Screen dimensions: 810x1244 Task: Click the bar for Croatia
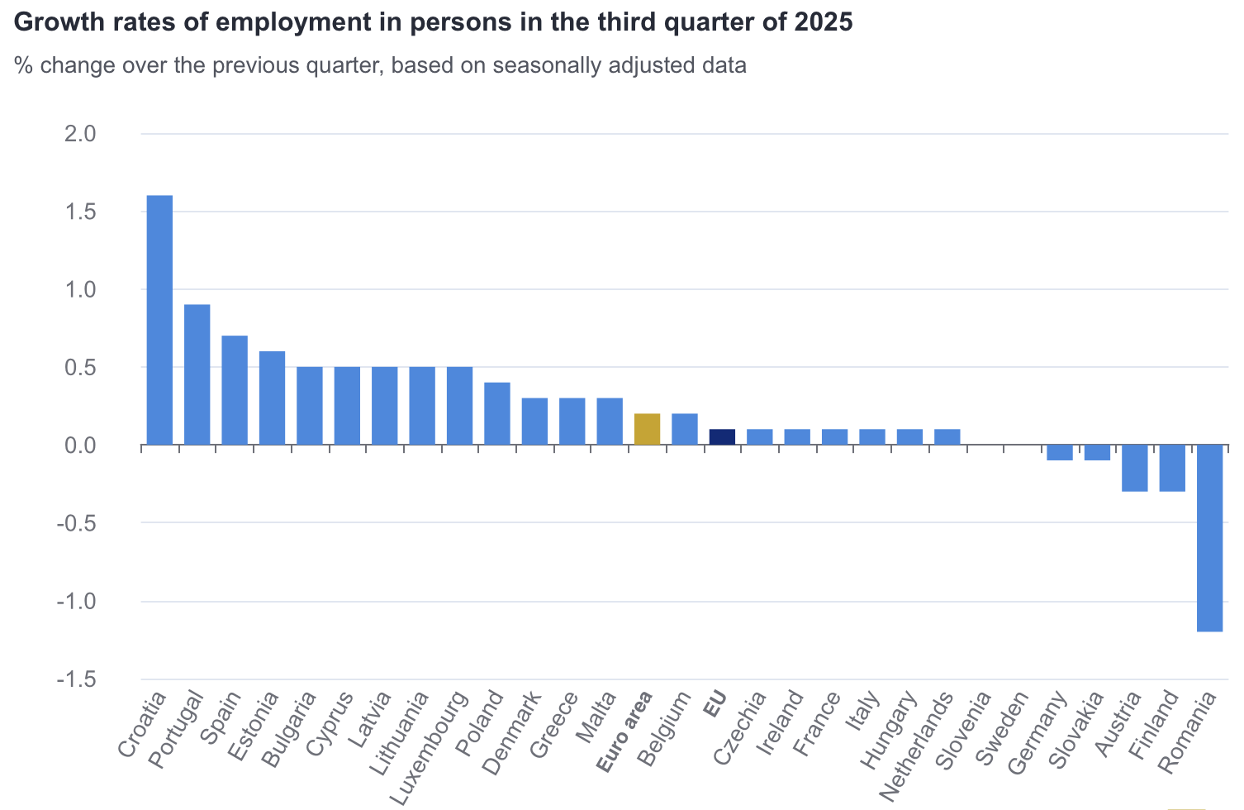[159, 320]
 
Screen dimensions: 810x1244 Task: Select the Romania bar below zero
[1209, 538]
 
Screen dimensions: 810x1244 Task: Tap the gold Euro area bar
[647, 429]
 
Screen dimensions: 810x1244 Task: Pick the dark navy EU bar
[722, 436]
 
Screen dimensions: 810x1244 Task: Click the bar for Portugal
[197, 374]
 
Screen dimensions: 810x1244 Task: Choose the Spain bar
[235, 390]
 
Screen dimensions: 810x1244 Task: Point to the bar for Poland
[497, 413]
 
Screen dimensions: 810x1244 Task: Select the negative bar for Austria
[1134, 468]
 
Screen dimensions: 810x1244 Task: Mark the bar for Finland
[1172, 468]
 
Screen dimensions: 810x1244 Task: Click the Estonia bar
[272, 398]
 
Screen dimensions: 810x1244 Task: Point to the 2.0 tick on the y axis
[80, 134]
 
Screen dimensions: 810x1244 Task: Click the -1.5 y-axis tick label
[76, 679]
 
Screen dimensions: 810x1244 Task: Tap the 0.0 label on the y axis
[80, 445]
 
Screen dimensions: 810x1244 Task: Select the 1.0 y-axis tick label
[80, 289]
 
